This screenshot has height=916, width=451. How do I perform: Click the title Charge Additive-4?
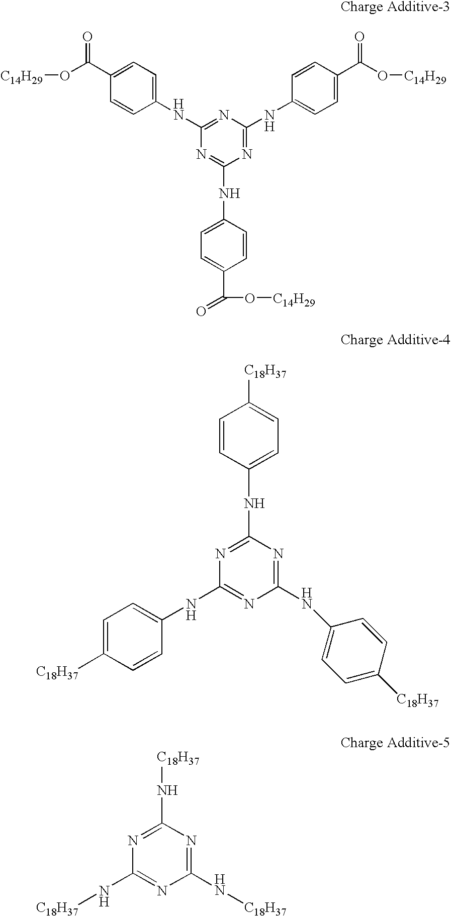(x=395, y=340)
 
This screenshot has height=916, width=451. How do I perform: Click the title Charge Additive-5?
(x=395, y=742)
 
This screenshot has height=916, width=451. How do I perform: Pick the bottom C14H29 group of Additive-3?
(x=294, y=300)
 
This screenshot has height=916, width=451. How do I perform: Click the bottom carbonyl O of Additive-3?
(x=201, y=312)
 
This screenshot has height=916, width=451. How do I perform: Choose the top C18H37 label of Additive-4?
(x=265, y=372)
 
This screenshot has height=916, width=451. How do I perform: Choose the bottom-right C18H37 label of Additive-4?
(x=418, y=700)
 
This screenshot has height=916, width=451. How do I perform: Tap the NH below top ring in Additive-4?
(x=254, y=503)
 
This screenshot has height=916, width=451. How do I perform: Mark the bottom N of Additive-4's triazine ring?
(x=249, y=604)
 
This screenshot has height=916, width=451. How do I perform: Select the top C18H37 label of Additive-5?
(x=178, y=759)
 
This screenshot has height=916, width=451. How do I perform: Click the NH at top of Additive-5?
(x=167, y=790)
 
